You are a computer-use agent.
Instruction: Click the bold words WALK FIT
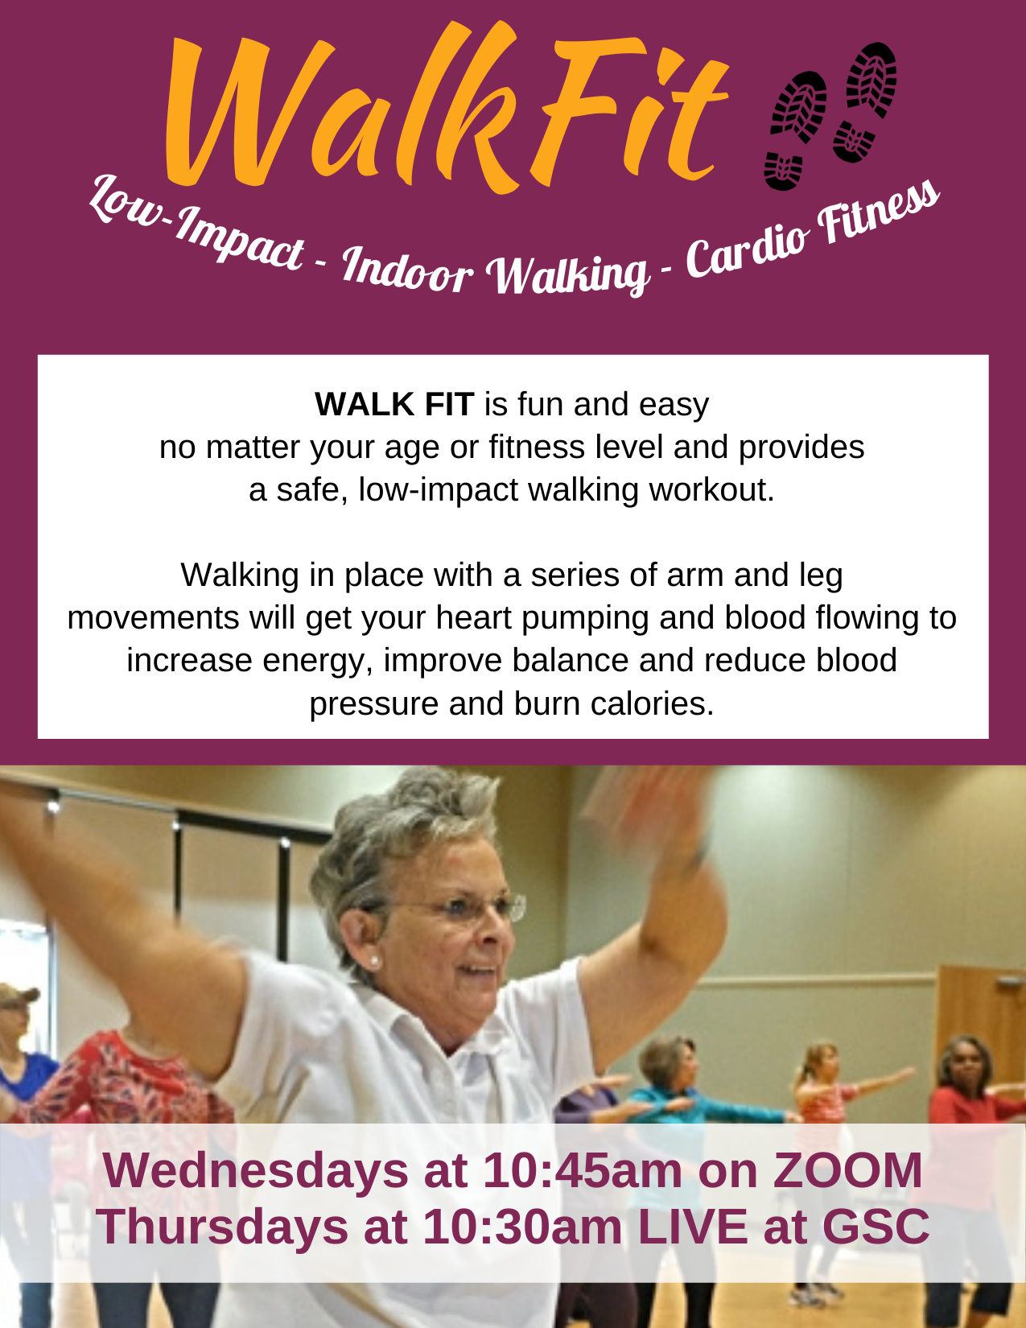pyautogui.click(x=394, y=404)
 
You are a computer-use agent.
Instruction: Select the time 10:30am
pyautogui.click(x=522, y=1227)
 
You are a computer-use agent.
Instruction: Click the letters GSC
pyautogui.click(x=876, y=1227)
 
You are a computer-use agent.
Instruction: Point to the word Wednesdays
pyautogui.click(x=255, y=1171)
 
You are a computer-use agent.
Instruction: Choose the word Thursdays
pyautogui.click(x=221, y=1227)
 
